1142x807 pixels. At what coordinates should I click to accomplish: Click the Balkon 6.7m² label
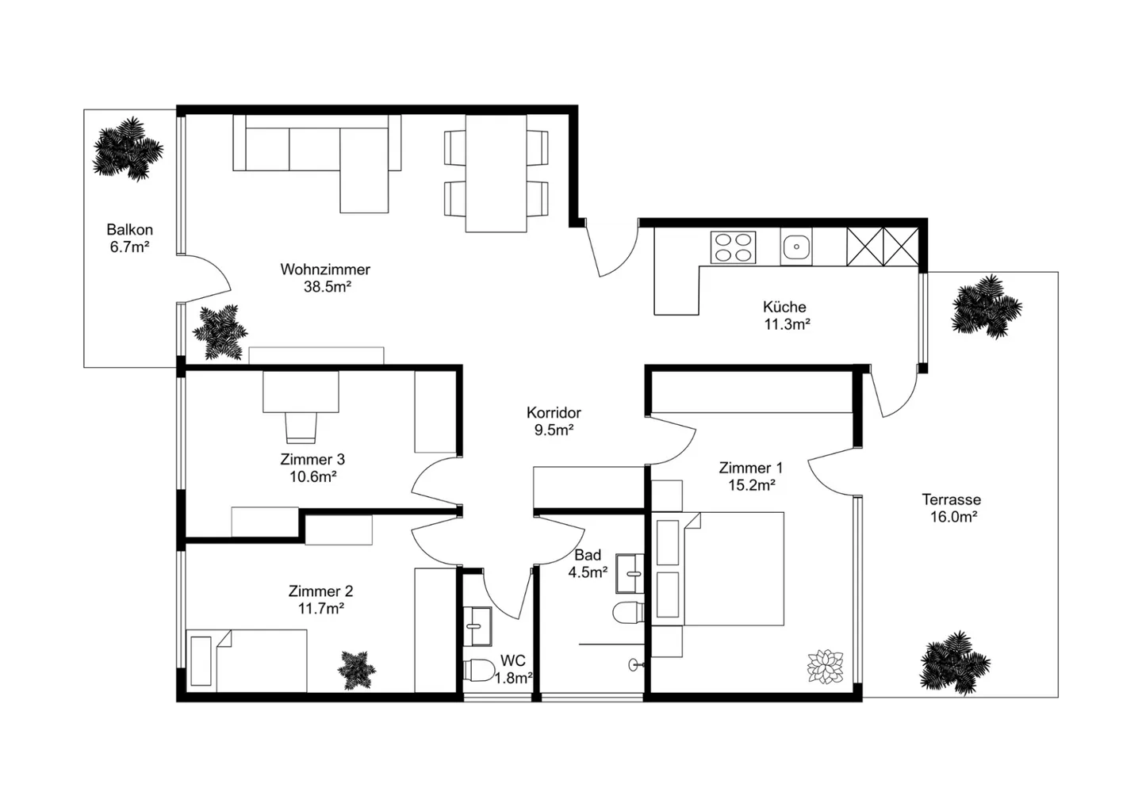click(x=130, y=239)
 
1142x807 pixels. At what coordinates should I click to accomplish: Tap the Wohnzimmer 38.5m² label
click(x=325, y=278)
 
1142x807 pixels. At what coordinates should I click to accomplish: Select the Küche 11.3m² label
click(x=785, y=316)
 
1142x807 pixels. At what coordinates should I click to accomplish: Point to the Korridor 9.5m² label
click(x=554, y=422)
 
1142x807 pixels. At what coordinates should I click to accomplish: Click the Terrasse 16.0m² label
click(x=951, y=508)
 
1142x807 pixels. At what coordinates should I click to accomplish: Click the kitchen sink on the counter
click(x=795, y=248)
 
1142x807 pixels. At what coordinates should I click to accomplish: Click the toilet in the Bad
click(x=627, y=613)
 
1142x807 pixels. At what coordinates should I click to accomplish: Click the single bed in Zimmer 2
click(x=247, y=660)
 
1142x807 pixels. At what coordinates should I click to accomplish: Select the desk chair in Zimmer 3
click(x=301, y=428)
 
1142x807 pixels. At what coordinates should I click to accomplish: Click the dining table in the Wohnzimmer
click(x=496, y=174)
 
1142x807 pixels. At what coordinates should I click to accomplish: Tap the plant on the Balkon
click(x=127, y=148)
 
